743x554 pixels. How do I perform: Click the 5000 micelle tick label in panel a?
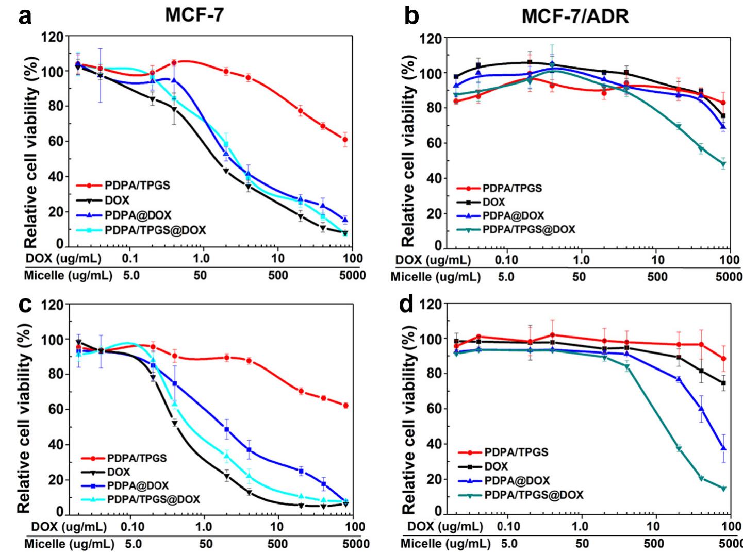pos(352,275)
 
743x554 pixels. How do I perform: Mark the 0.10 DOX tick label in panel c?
pos(132,527)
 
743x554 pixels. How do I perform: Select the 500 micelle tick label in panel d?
pos(654,543)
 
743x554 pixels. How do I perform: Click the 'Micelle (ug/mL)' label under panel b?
pos(436,277)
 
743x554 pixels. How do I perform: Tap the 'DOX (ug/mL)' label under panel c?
pos(69,527)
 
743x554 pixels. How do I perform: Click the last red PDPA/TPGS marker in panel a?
pos(345,140)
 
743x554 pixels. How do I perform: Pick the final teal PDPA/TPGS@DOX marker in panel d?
pos(723,489)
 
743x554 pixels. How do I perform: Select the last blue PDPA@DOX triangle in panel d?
pos(723,448)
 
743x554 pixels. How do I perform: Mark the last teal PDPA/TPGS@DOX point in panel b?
pos(723,164)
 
